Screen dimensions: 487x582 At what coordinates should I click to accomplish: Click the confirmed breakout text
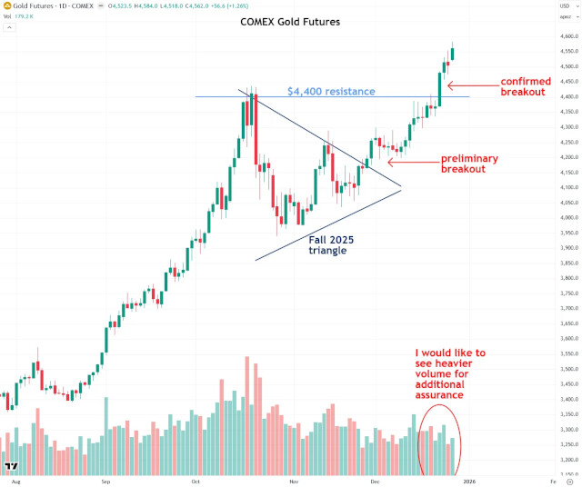[x=525, y=86]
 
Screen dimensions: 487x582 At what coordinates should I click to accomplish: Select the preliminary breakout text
[x=469, y=164]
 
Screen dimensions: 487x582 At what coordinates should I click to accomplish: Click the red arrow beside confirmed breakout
[x=471, y=85]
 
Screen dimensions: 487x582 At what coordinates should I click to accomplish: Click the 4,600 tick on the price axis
[x=545, y=36]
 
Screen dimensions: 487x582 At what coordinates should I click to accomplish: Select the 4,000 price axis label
[x=545, y=218]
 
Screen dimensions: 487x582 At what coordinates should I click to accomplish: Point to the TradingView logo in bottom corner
[x=12, y=466]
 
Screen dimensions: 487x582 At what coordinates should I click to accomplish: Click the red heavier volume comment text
[x=450, y=373]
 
